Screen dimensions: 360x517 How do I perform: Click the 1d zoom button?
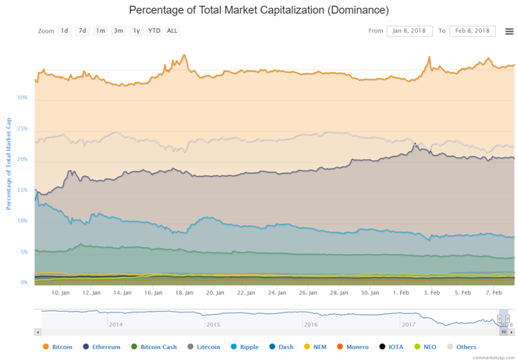[65, 31]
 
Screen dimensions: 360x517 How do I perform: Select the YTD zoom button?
[154, 31]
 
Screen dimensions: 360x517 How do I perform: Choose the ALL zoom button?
[172, 31]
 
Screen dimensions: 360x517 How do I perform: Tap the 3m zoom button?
[119, 31]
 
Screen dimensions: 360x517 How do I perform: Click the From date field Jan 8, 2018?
[409, 31]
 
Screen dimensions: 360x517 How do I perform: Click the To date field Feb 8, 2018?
[473, 31]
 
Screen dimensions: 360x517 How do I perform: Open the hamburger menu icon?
[509, 32]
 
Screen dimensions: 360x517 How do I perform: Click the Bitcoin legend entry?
[58, 347]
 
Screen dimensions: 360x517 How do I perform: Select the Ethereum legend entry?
[101, 347]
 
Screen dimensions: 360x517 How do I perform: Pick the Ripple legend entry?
[245, 347]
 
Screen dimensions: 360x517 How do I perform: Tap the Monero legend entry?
[354, 347]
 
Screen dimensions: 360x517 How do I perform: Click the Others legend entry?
[462, 347]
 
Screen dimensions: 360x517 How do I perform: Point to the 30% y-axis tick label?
[23, 98]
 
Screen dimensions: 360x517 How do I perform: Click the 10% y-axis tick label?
[23, 221]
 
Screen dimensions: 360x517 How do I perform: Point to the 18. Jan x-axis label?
[184, 293]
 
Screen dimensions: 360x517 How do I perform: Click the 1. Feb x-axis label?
[401, 293]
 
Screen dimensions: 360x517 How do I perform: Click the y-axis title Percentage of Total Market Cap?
[9, 164]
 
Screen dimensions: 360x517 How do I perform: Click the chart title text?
[258, 10]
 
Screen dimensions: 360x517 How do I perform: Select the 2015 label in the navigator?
[213, 324]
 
